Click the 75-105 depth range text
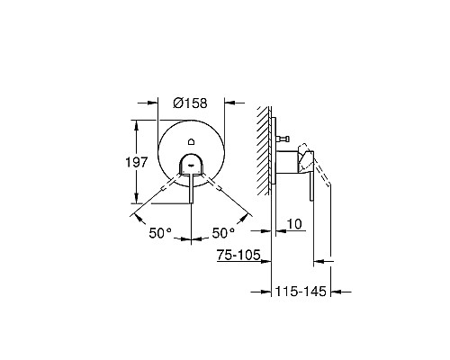pos(238,256)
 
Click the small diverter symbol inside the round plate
pos(192,142)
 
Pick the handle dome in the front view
pos(192,164)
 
